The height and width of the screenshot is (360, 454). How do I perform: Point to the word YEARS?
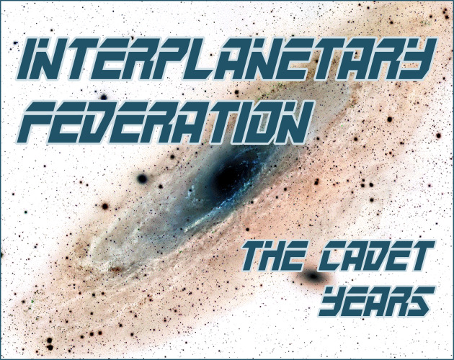(377, 301)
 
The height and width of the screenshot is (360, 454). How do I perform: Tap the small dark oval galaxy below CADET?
(313, 276)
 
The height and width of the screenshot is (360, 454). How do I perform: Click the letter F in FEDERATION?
(37, 122)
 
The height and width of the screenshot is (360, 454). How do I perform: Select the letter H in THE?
(274, 256)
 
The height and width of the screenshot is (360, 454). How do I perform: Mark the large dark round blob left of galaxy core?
(142, 179)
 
